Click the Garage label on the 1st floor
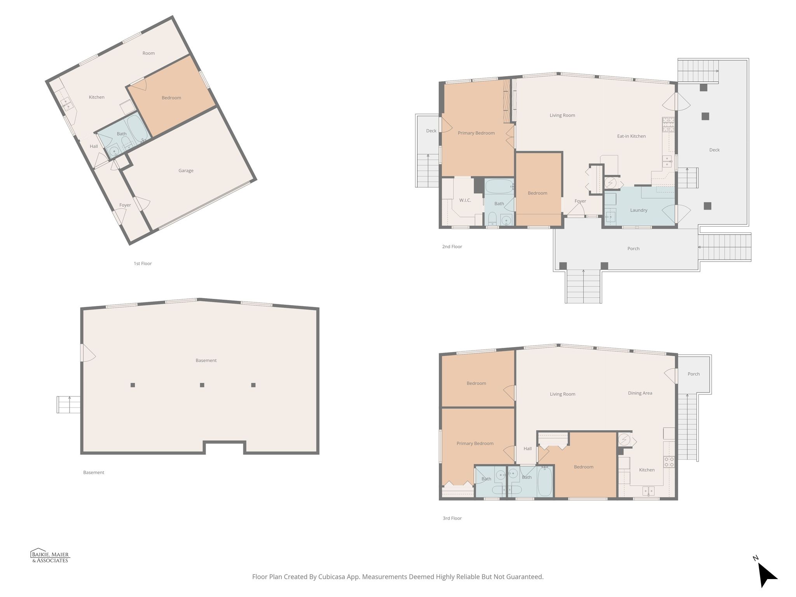186,171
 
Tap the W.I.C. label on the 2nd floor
465,201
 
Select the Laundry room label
639,210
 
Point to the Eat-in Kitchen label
631,136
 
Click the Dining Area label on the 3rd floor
640,393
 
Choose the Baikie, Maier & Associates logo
50,557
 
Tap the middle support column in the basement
202,385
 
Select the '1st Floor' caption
143,264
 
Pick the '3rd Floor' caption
452,518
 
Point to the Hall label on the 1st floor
94,147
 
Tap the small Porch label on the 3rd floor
693,374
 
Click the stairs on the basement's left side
68,405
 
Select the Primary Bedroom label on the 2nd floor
476,133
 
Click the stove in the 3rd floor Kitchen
669,462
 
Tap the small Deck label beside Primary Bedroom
431,131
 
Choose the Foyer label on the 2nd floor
580,201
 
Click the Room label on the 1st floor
148,53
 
